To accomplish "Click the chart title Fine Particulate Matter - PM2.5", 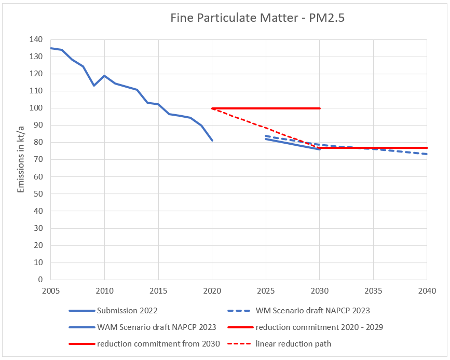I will click(257, 18).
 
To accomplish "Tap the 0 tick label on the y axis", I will click(39, 280).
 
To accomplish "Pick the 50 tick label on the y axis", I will click(37, 194).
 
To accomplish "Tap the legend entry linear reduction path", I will click(293, 343).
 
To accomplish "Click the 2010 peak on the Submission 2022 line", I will click(104, 76).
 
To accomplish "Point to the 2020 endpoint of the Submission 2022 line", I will click(212, 141).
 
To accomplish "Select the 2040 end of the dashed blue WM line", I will click(426, 154).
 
